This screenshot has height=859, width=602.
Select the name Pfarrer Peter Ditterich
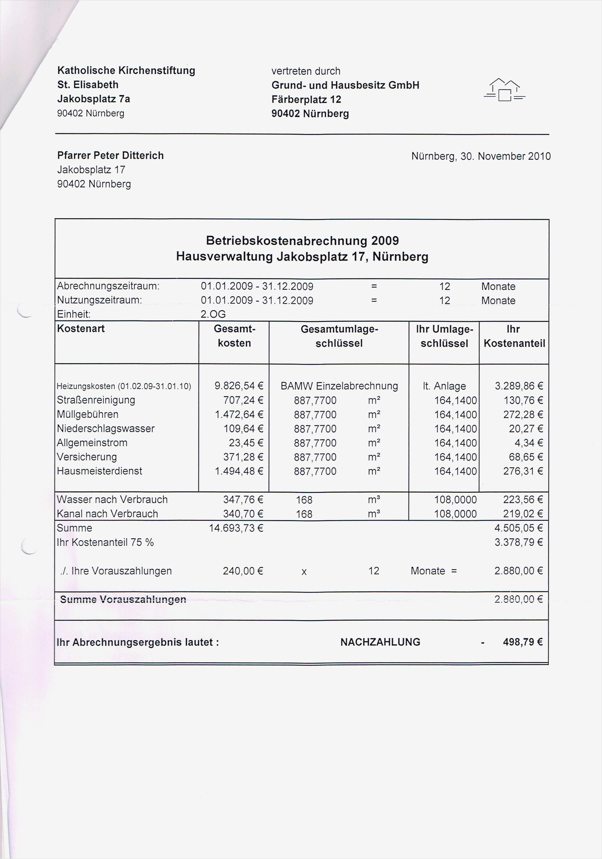(x=110, y=156)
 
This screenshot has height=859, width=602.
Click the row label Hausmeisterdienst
(x=99, y=471)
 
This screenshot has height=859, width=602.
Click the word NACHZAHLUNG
(x=380, y=642)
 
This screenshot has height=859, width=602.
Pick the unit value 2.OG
(x=213, y=314)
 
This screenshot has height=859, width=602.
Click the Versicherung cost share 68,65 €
(x=526, y=457)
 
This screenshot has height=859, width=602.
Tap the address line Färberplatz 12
(x=306, y=99)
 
